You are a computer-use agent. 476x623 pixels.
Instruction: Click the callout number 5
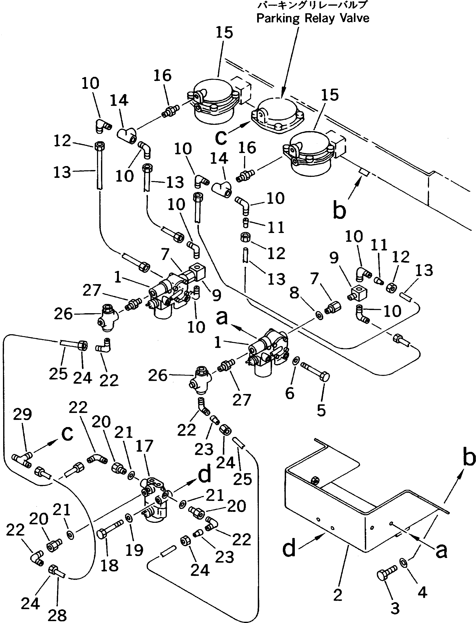(321, 410)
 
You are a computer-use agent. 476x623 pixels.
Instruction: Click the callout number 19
(134, 550)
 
